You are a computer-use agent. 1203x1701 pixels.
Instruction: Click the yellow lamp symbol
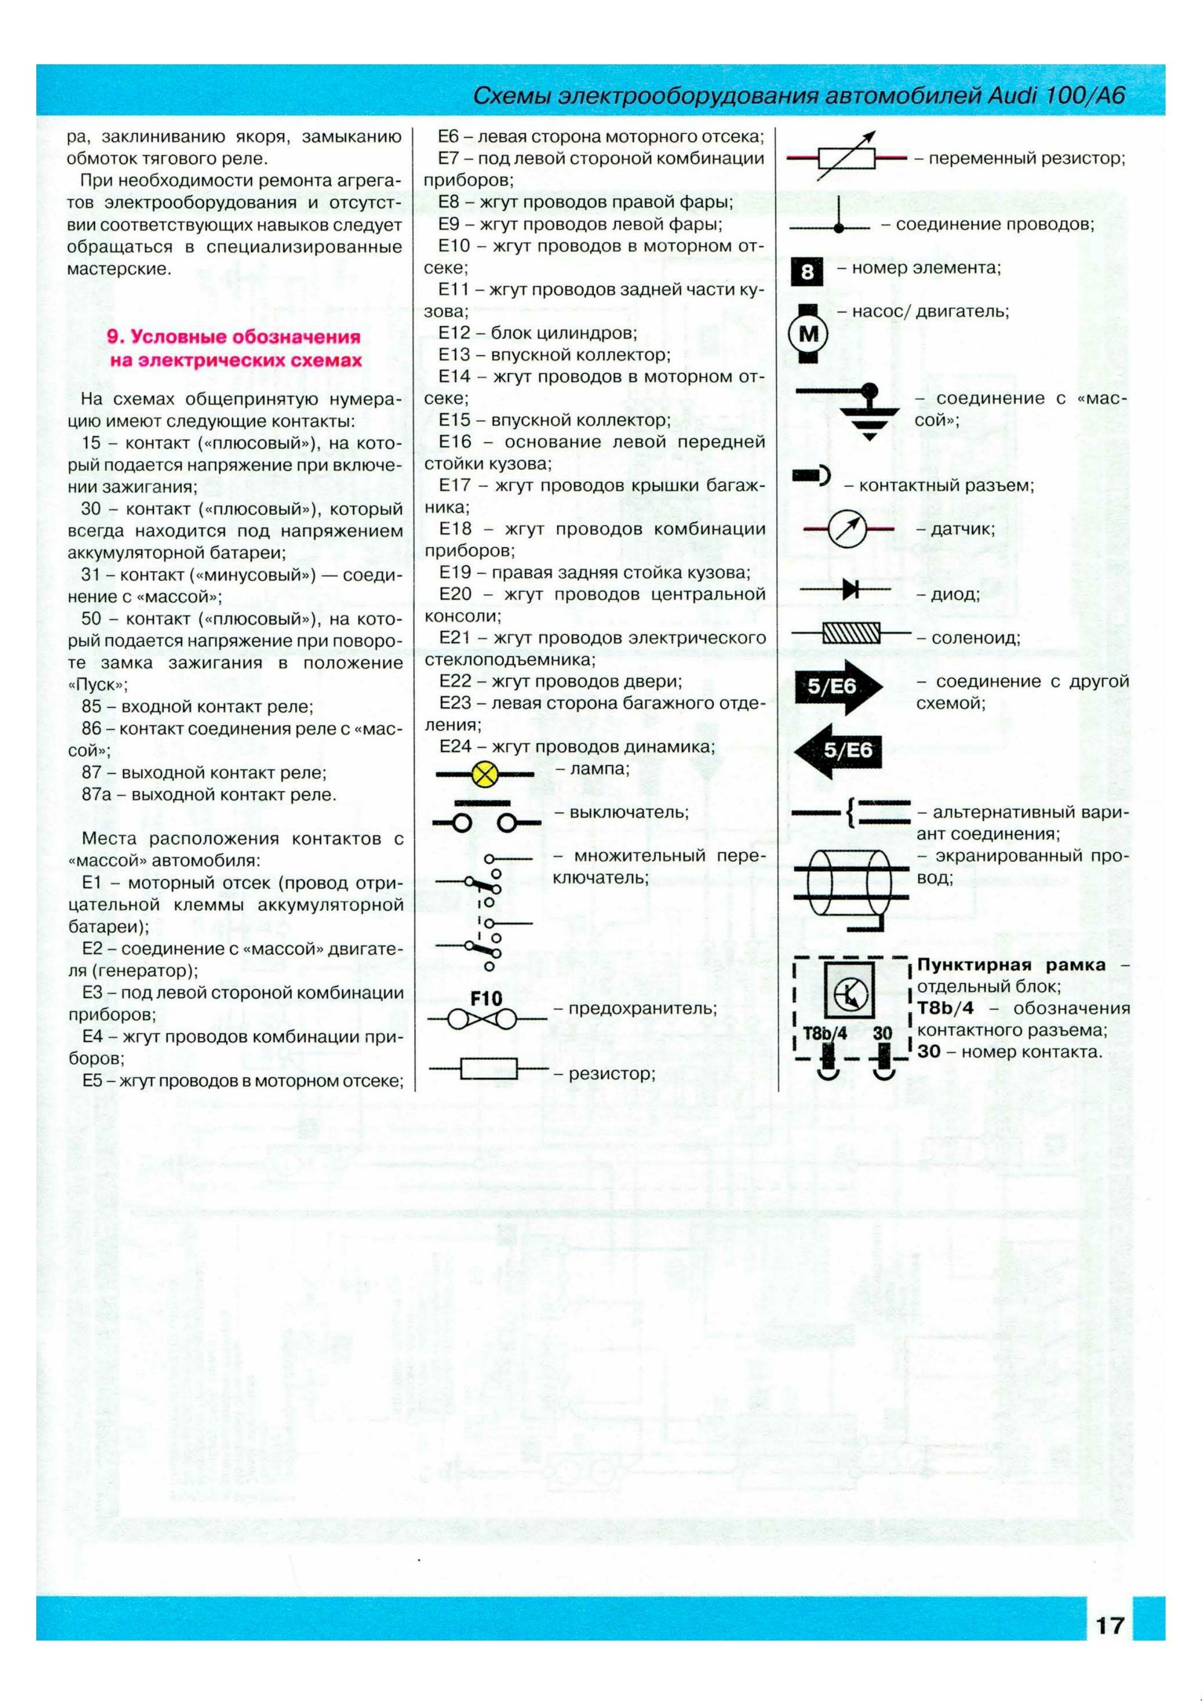click(x=485, y=775)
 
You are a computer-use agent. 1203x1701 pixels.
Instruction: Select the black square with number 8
click(x=807, y=272)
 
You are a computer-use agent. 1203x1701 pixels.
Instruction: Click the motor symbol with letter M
click(x=807, y=334)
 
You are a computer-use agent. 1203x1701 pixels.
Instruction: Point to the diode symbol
click(x=850, y=590)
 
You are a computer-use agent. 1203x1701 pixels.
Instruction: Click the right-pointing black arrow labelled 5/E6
click(x=837, y=687)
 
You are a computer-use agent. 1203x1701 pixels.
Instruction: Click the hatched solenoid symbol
click(x=852, y=633)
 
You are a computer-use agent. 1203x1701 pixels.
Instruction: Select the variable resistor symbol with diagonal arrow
click(x=847, y=157)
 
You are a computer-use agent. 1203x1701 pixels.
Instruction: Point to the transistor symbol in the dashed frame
click(x=848, y=994)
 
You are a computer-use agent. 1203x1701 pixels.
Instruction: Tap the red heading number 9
click(x=114, y=337)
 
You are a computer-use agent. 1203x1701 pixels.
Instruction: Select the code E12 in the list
click(x=454, y=332)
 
